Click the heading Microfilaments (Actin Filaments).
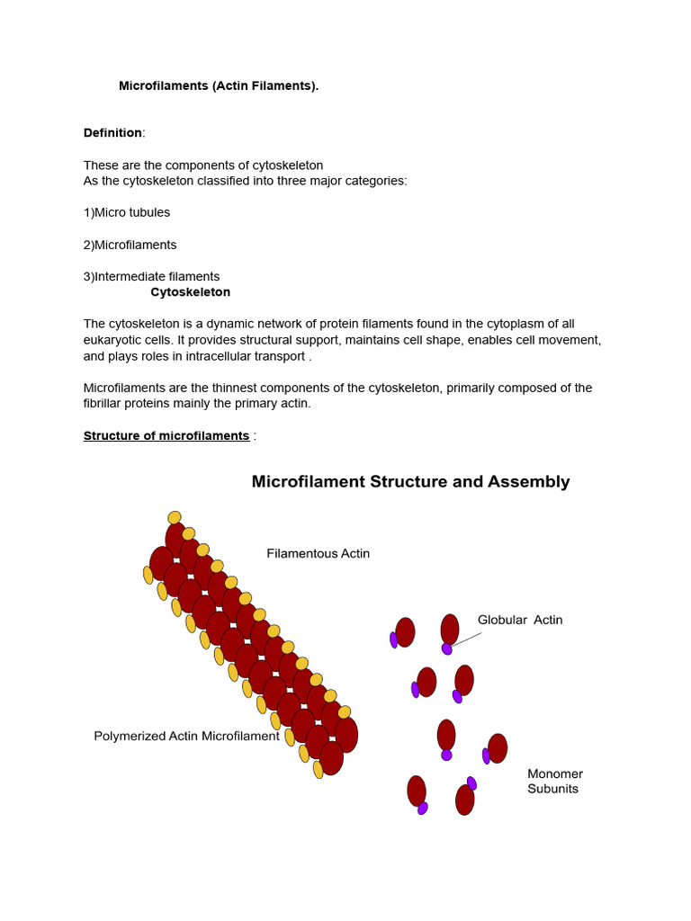click(219, 86)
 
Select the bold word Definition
click(112, 133)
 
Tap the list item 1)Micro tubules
click(127, 213)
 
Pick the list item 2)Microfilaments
click(130, 245)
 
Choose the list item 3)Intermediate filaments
click(151, 277)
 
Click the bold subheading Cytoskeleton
click(190, 292)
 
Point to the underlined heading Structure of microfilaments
click(166, 436)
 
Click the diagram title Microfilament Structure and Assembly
click(410, 482)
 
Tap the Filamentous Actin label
click(318, 554)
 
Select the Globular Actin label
click(519, 621)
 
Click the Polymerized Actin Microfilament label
click(186, 737)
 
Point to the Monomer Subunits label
click(554, 782)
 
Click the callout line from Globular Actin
click(467, 639)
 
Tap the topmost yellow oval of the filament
click(175, 518)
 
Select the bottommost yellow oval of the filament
click(318, 770)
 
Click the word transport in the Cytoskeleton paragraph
click(278, 356)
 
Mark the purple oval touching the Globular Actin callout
click(447, 648)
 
